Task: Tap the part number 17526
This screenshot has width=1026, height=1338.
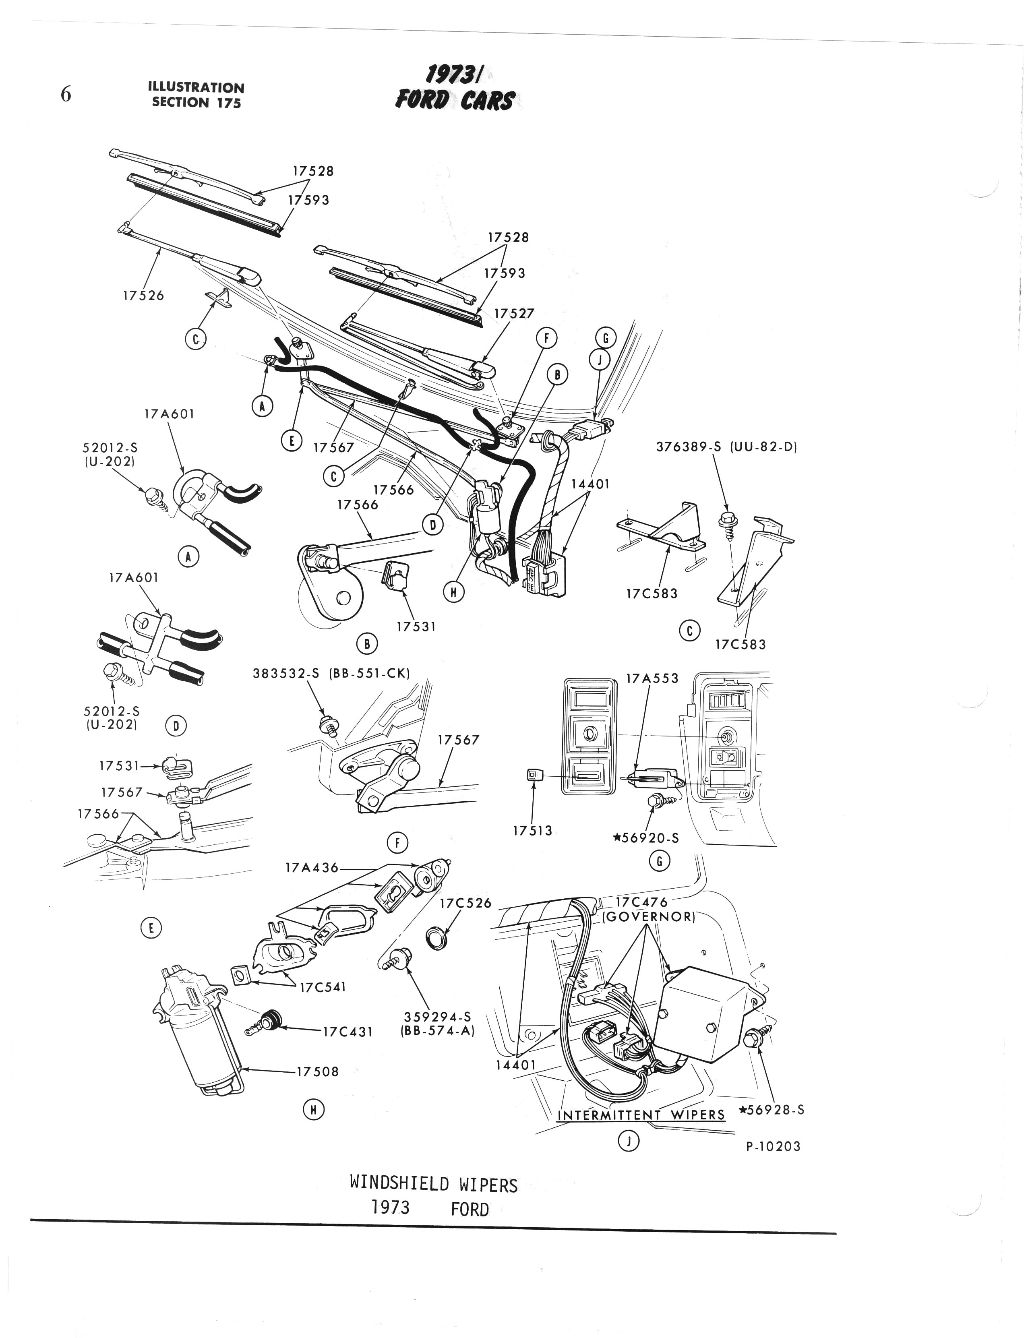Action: coord(143,296)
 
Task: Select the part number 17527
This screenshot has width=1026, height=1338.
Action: coord(514,313)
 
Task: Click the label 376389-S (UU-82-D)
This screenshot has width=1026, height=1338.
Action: coord(727,447)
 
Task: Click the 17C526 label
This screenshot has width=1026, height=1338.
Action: coord(465,903)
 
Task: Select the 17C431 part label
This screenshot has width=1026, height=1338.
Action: coord(348,1032)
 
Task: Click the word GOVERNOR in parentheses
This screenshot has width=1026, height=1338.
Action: coord(649,917)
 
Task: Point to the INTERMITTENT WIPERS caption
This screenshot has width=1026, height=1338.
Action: coord(641,1115)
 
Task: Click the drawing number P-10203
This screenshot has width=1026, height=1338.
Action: coord(773,1146)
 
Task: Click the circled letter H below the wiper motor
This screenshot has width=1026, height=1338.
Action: coord(313,1110)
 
